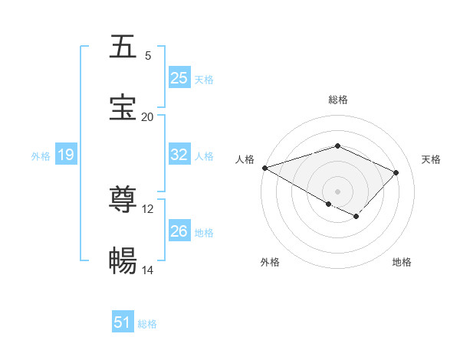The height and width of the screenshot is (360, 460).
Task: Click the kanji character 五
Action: coord(123,47)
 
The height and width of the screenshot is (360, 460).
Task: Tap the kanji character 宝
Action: coord(123,108)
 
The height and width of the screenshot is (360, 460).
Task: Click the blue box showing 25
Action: coord(179,78)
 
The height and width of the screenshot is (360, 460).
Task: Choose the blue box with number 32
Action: coord(179,155)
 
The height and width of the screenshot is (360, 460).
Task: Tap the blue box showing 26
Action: coord(179,231)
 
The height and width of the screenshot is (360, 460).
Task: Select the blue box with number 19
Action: coord(65,155)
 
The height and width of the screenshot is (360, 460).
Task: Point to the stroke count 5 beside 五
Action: coord(148,55)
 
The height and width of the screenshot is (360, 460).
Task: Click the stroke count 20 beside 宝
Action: coord(148,116)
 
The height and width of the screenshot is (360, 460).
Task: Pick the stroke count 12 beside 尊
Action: coord(148,208)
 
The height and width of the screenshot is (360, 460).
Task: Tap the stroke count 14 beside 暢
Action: coord(148,270)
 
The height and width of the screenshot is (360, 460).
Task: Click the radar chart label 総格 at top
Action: coord(338,100)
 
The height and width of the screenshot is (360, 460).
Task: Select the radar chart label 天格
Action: coord(431,159)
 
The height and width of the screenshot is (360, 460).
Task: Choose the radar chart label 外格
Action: coord(270,262)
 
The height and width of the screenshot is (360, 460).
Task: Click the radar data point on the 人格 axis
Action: coord(264,168)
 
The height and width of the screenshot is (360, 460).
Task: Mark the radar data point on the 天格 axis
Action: coord(396,172)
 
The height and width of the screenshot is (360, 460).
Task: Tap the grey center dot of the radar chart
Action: coord(338,191)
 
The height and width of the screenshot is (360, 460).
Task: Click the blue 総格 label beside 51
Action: coord(147,324)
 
